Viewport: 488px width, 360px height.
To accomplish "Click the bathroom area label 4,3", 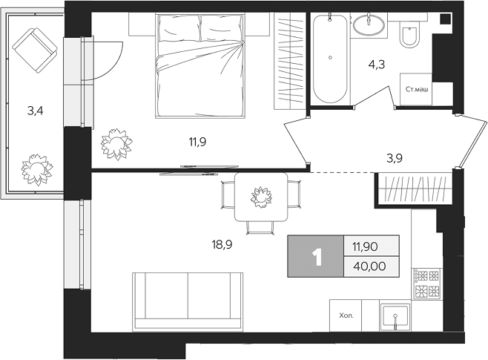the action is click(377, 65).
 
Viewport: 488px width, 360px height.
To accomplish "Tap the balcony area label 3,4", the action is click(36, 111).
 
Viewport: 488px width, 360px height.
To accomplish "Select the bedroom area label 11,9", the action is click(197, 142).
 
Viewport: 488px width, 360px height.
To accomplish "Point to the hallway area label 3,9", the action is click(395, 158).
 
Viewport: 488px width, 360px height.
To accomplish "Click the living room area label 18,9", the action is click(222, 245).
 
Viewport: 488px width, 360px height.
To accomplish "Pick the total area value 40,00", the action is click(370, 266).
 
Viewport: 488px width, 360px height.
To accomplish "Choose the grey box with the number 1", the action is click(316, 256).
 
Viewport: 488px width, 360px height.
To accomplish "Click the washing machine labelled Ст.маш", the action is click(416, 89).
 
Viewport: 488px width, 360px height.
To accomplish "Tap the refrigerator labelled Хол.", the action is click(346, 315).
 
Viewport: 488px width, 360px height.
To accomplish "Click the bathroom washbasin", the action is click(369, 25).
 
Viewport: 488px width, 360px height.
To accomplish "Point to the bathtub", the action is click(330, 58).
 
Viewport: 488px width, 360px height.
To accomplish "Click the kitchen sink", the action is click(395, 315).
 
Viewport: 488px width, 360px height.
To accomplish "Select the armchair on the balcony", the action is click(35, 50).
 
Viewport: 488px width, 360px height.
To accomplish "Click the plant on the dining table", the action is click(261, 197).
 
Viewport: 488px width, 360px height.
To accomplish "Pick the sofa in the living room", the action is click(188, 301).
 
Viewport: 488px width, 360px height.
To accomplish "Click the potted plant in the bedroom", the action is click(116, 144).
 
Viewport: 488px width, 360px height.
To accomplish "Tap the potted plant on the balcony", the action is click(37, 169).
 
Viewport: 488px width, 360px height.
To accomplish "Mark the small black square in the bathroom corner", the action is click(446, 19).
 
